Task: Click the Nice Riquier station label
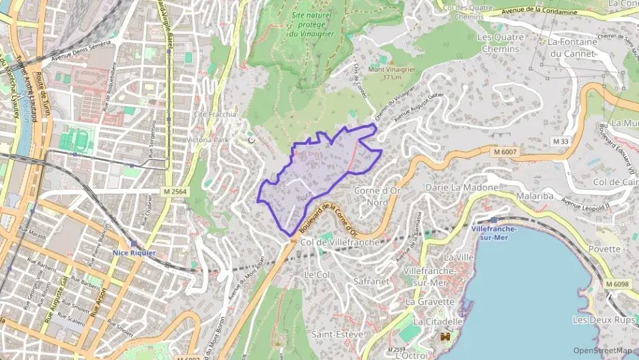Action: pos(134,252)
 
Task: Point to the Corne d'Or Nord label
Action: pos(376,196)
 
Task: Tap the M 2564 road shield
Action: pos(176,192)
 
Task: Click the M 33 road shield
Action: pos(560,141)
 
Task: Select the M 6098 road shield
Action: pos(617,283)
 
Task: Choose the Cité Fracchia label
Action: pos(215,115)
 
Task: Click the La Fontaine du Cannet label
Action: pos(573,47)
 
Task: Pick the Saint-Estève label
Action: pos(337,334)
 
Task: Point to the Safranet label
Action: pos(372,280)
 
